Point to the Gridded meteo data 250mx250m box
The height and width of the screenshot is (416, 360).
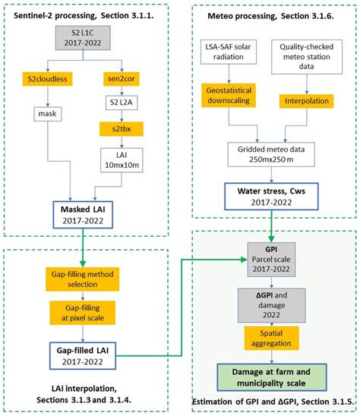pos(270,156)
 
